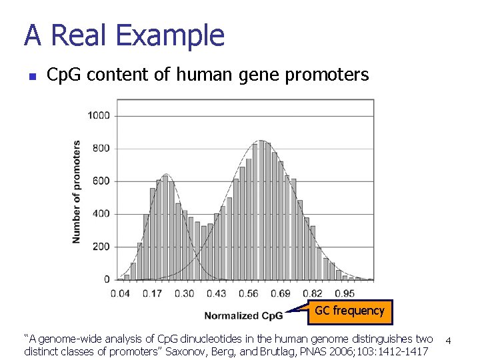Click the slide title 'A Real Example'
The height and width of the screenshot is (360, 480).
click(x=124, y=35)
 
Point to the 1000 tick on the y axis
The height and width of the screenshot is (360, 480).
click(x=98, y=115)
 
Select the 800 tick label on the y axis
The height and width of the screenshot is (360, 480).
click(x=101, y=148)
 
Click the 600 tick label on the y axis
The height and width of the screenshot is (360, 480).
click(x=101, y=181)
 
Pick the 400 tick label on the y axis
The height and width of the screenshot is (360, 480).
click(x=101, y=214)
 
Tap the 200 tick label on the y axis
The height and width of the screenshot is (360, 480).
click(x=101, y=247)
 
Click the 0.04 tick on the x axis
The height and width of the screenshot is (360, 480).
click(x=120, y=293)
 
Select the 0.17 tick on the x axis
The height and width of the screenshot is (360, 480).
click(x=152, y=293)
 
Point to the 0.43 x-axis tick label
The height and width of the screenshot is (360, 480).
click(x=216, y=293)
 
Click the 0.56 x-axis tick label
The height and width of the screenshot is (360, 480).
click(x=248, y=293)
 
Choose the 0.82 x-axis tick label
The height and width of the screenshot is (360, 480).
click(x=313, y=293)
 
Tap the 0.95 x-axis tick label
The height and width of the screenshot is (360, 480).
click(x=345, y=293)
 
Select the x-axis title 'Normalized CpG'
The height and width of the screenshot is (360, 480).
click(x=243, y=315)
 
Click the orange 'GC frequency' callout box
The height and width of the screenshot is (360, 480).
click(x=349, y=311)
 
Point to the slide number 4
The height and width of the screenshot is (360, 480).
click(x=449, y=341)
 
